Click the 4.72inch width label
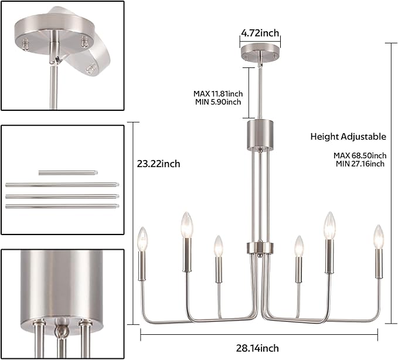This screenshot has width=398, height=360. tap(260, 33)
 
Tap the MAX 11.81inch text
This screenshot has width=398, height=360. tap(218, 94)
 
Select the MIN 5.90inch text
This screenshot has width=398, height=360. tap(218, 102)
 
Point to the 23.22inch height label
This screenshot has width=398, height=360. tap(158, 164)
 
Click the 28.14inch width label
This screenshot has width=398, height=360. tap(257, 348)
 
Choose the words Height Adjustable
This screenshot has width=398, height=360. tap(348, 137)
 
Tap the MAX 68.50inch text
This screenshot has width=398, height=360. tap(360, 155)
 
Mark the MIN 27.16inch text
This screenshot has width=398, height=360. tap(360, 164)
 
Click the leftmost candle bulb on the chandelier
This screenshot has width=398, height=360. tap(142, 239)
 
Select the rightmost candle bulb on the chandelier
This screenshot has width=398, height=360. tap(379, 237)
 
